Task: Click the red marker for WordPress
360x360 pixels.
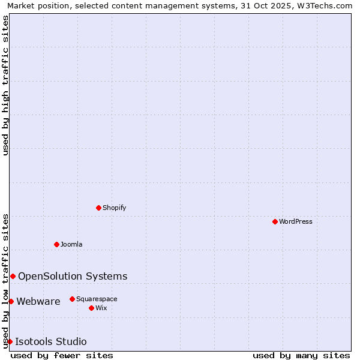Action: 275,221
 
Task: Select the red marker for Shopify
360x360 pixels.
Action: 98,208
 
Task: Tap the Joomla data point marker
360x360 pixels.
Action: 56,244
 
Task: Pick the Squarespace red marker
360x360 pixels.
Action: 72,299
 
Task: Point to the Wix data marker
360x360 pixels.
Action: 91,308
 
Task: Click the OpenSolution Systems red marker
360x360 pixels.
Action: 13,276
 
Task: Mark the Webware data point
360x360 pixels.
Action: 11,301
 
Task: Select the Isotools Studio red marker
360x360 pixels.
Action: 10,341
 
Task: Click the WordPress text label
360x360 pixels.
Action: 296,221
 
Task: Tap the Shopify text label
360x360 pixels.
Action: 114,208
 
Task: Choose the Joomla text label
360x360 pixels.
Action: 71,244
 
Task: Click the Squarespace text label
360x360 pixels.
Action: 97,299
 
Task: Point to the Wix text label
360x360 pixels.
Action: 101,308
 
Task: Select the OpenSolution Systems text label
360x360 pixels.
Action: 73,276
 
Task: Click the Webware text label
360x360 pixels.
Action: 38,301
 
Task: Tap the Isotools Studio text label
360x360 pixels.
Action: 51,341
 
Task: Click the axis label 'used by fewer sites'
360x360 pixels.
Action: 62,355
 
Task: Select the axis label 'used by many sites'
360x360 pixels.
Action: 301,355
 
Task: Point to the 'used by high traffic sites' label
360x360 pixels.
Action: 5,85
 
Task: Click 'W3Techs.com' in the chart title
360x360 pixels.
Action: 326,5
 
